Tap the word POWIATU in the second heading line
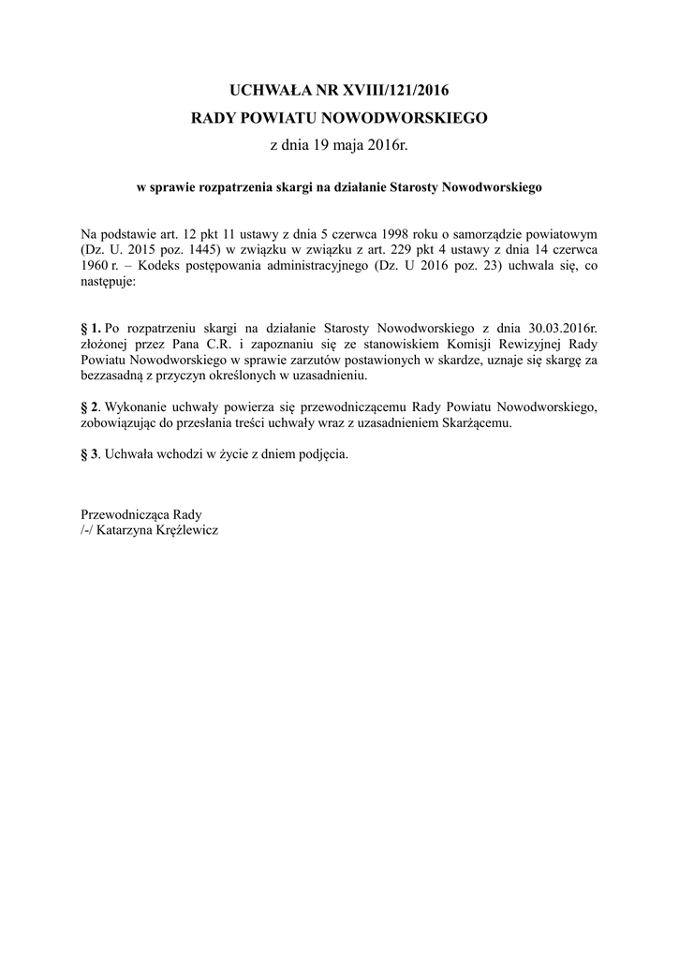(281, 119)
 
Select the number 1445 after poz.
(199, 250)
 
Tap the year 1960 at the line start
(96, 266)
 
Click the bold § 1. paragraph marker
(91, 328)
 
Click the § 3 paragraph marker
(90, 455)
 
